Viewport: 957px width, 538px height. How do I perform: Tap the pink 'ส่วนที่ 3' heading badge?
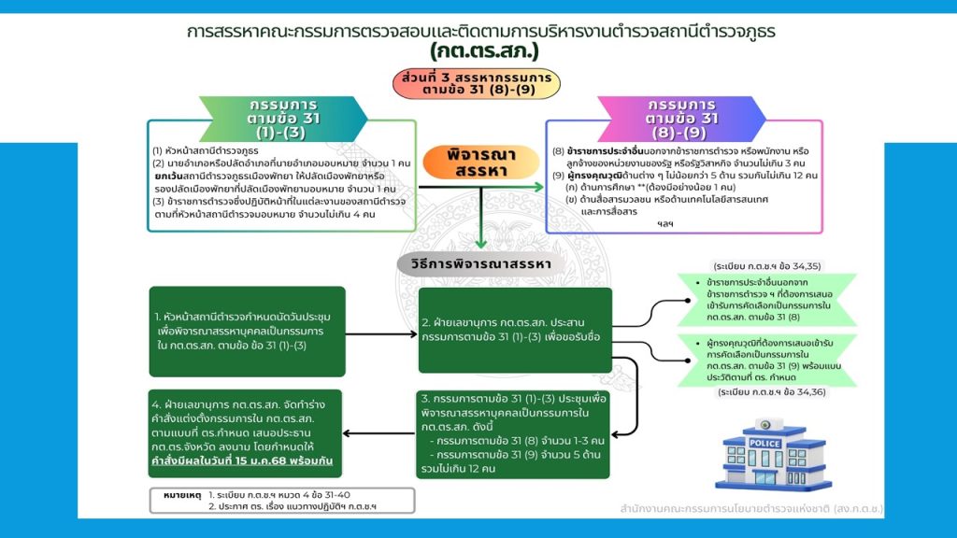[477, 83]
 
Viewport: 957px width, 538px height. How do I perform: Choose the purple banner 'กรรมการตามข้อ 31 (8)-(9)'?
[683, 118]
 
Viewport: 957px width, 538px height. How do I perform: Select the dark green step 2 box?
[515, 329]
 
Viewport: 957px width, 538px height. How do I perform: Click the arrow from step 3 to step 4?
[379, 432]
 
